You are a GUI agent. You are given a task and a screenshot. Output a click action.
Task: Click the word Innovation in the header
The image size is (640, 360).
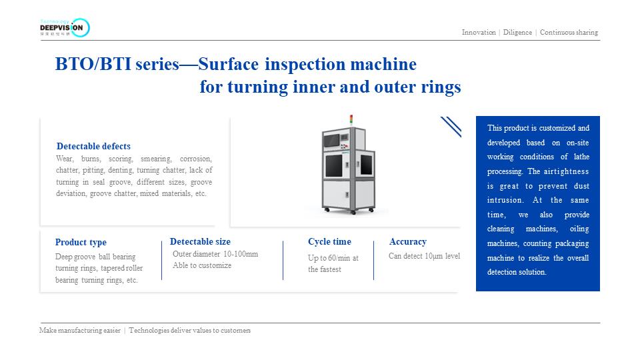click(479, 32)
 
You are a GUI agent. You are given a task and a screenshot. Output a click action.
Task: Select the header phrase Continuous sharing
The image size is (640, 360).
click(569, 32)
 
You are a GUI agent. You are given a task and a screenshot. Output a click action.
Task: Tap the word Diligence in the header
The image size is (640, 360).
click(517, 32)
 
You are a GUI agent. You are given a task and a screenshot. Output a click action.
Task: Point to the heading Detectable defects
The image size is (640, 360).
click(93, 146)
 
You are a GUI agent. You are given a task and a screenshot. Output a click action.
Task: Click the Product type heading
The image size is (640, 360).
click(81, 242)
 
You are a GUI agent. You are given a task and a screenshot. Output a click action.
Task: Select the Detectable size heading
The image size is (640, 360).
click(200, 241)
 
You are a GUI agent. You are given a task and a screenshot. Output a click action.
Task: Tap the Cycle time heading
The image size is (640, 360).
click(329, 241)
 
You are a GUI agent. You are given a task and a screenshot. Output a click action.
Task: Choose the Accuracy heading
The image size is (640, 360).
click(407, 241)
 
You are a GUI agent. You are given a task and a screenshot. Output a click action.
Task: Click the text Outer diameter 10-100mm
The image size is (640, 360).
click(215, 254)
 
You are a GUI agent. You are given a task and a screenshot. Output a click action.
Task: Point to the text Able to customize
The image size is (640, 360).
click(202, 265)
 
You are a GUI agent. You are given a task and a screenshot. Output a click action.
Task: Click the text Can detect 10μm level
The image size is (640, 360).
click(424, 256)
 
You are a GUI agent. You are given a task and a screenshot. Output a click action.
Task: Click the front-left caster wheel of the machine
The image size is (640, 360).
click(327, 211)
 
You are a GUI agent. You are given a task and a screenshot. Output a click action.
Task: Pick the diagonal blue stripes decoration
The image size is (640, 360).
click(451, 127)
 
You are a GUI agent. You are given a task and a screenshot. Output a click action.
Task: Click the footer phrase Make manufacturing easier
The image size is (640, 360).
click(80, 330)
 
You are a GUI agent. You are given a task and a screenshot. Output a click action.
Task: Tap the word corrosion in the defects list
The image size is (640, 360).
click(195, 159)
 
